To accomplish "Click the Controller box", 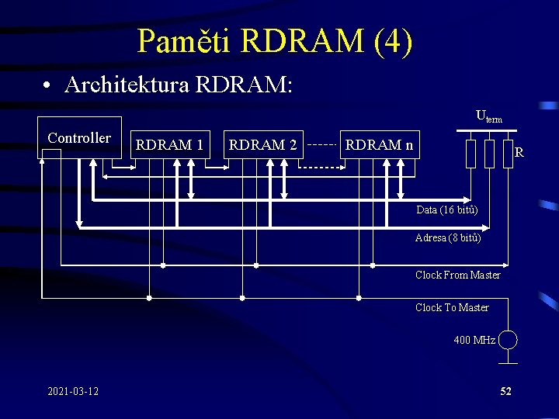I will click(x=79, y=138).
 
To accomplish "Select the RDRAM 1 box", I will click(x=169, y=144).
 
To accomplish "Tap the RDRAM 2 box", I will click(x=262, y=144).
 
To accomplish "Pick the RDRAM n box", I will click(x=379, y=144).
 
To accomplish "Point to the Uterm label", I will click(x=488, y=117).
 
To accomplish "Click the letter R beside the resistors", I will click(x=519, y=152).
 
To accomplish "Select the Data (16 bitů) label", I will click(x=446, y=210).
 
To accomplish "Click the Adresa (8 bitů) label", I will click(x=448, y=238).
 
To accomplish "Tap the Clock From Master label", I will click(x=457, y=275).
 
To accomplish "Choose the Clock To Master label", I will click(x=452, y=308).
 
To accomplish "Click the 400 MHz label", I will click(x=474, y=340).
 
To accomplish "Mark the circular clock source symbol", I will click(x=508, y=340).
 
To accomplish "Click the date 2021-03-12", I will click(x=73, y=391).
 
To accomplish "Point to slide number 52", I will click(x=505, y=391).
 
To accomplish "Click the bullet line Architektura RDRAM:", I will click(x=179, y=85).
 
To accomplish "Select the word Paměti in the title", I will click(x=183, y=41).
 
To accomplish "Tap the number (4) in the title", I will click(x=392, y=41).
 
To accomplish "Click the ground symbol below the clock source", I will click(x=508, y=359).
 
